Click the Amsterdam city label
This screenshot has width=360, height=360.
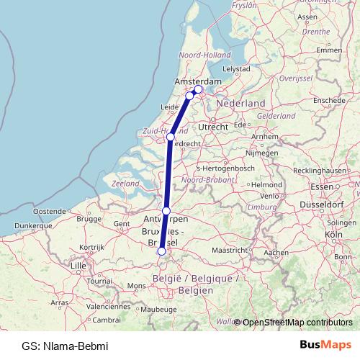[x=193, y=82]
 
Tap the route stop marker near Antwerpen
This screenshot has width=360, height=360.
[x=166, y=210]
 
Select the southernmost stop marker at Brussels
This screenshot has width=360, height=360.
[x=161, y=251]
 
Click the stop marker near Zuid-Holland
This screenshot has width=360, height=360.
[x=171, y=137]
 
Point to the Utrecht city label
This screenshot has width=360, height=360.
[x=213, y=126]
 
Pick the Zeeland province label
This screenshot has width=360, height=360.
[x=125, y=184]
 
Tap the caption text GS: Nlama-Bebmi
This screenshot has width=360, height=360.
[x=65, y=346]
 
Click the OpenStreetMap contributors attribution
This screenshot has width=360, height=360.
[x=297, y=322]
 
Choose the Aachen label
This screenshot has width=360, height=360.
[x=276, y=253]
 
